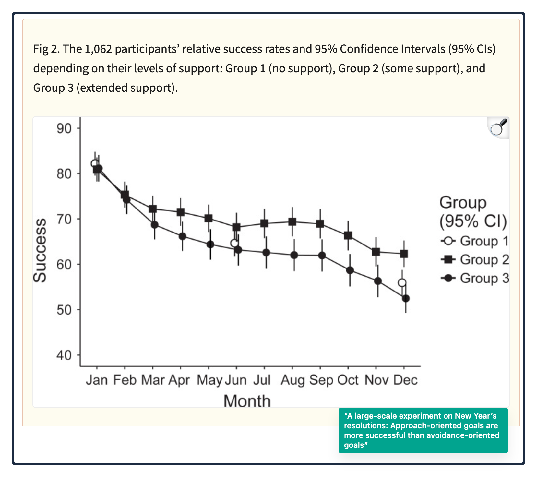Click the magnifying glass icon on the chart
coord(499,127)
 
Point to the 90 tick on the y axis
coord(64,128)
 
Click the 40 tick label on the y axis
coord(64,355)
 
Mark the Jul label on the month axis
coord(262,379)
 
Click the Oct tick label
coord(348,379)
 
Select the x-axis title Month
coord(247,401)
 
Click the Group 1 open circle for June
coord(234,243)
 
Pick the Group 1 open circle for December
coord(402,283)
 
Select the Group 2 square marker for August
coord(292,222)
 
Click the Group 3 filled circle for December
coord(406,298)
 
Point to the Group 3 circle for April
coord(182,236)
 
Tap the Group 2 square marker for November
coord(376,252)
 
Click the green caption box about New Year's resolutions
coord(423,430)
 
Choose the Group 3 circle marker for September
coord(322,256)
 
